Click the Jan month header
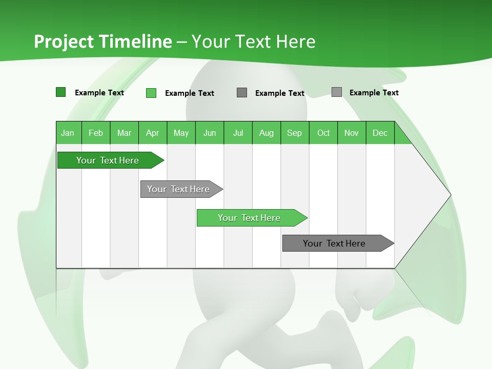pos(68,133)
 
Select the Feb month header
pos(96,133)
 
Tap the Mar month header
pos(124,133)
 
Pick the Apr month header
pos(153,133)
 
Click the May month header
pos(181,133)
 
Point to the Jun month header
pos(210,133)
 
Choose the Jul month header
pos(238,133)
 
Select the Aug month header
pos(266,133)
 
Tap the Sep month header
pos(295,133)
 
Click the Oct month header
pos(323,133)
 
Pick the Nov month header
pos(352,133)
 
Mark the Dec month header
pos(380,133)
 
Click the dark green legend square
pos(61,92)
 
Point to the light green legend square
pos(151,93)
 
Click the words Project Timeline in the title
pos(103,42)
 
